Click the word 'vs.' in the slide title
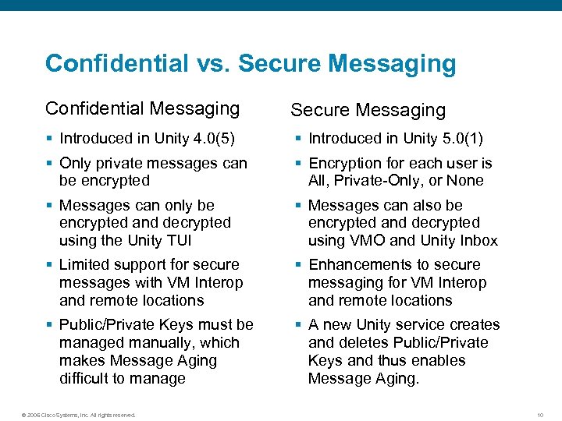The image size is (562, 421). [x=208, y=63]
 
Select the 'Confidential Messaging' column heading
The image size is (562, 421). [x=142, y=108]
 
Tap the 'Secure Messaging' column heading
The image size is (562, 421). [x=368, y=111]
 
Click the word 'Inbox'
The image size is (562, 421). [x=478, y=240]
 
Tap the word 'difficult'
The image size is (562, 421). [x=89, y=379]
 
